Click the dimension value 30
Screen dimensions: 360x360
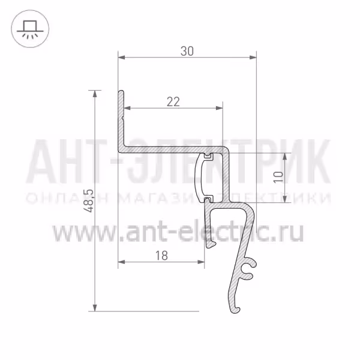click(187, 51)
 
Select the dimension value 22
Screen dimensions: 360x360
click(173, 102)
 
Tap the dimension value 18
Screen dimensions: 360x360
click(161, 256)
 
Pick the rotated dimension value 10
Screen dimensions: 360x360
click(278, 177)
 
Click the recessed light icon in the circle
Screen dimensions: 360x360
click(30, 29)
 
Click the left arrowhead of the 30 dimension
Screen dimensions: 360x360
click(121, 57)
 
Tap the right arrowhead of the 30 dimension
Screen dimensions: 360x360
click(253, 57)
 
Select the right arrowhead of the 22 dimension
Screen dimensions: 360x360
click(219, 108)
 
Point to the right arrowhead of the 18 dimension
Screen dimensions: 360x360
click(201, 262)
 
